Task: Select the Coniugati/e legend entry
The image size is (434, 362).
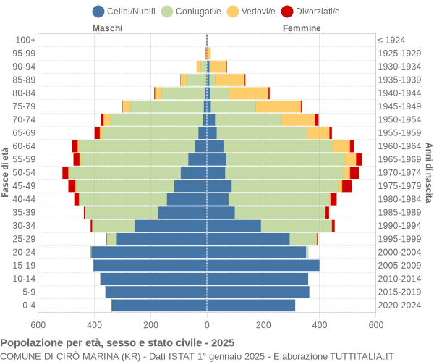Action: [x=192, y=11]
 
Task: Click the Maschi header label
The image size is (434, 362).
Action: [x=107, y=28]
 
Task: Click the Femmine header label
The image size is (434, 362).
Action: [x=302, y=28]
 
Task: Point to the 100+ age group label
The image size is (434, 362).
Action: [x=25, y=40]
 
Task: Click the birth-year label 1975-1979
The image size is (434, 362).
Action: [x=399, y=186]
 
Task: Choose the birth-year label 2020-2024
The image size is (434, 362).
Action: [x=399, y=306]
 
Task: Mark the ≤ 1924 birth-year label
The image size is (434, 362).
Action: [x=391, y=40]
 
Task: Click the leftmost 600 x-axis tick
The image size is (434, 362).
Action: [x=38, y=325]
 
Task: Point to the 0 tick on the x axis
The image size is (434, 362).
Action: [x=207, y=325]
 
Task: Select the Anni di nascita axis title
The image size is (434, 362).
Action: [x=428, y=172]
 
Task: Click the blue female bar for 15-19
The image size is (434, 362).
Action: [x=263, y=266]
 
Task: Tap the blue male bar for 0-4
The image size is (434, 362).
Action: [x=159, y=306]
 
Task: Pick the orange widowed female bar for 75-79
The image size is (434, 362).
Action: [x=278, y=106]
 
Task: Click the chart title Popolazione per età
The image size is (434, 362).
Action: [x=117, y=342]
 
